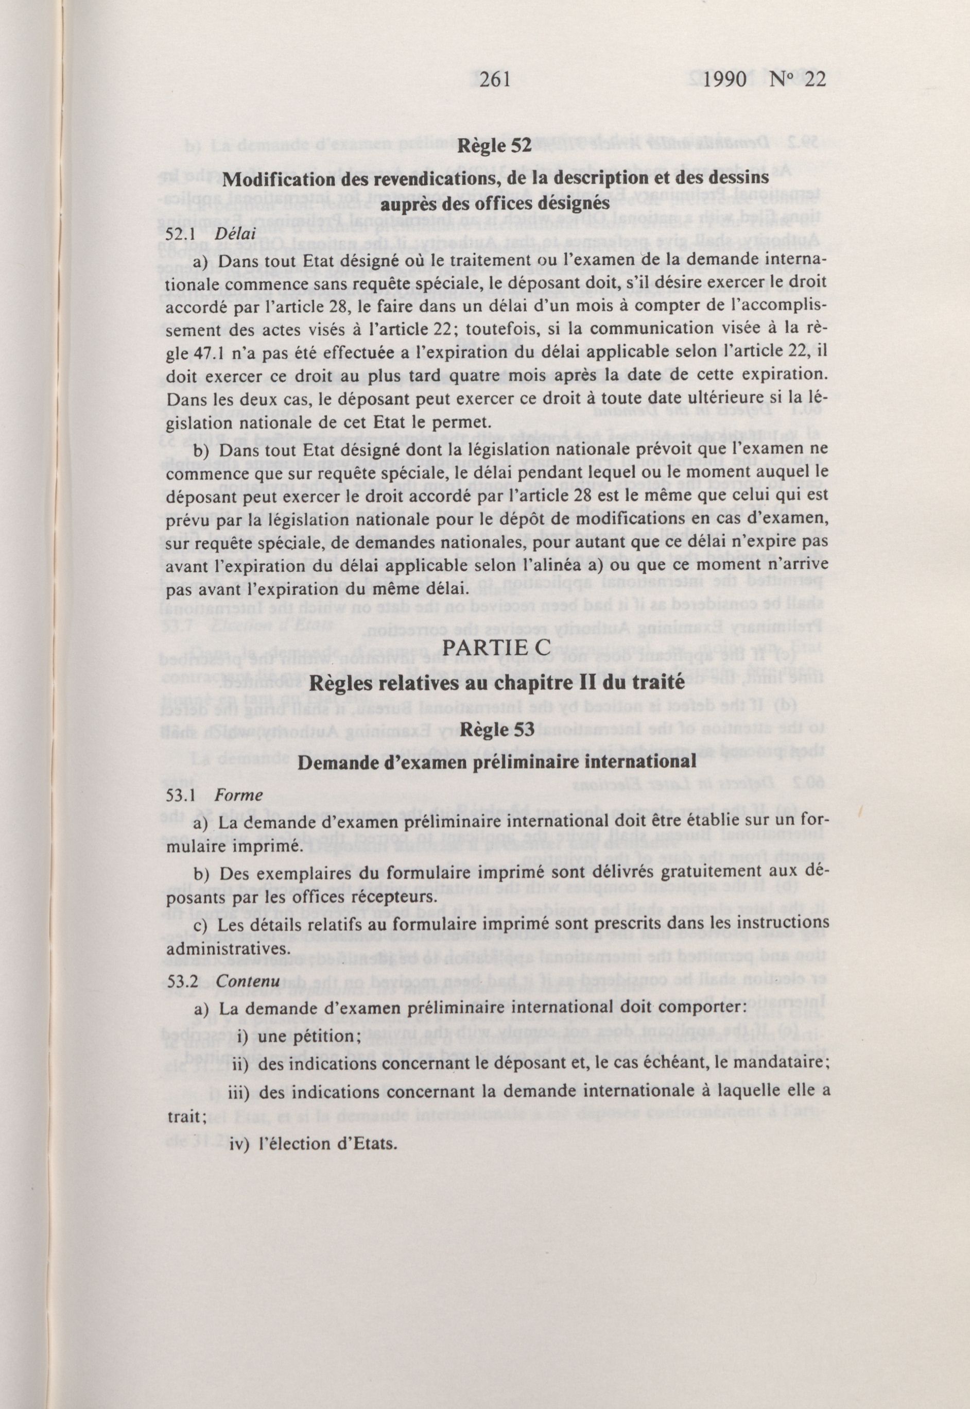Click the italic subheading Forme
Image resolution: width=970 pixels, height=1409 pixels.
(x=239, y=795)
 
